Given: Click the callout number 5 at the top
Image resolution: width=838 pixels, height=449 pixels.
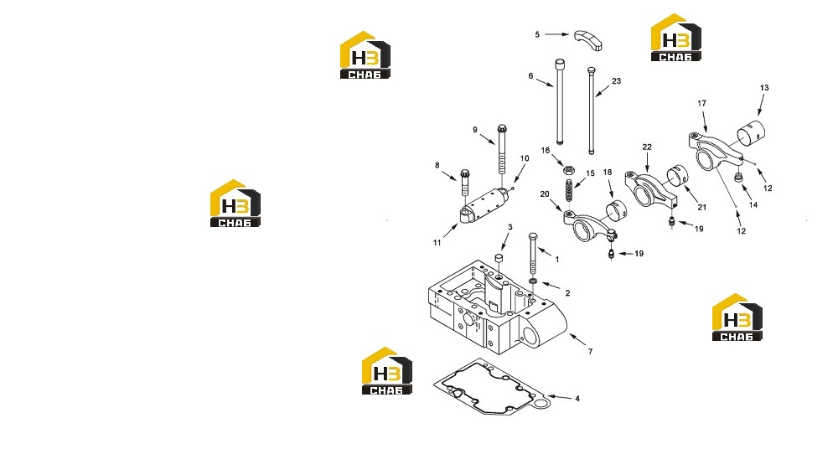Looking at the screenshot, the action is point(537,34).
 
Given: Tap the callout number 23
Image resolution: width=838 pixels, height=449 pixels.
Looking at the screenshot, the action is point(616,81).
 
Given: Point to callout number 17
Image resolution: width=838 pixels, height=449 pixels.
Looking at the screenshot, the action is point(701,104).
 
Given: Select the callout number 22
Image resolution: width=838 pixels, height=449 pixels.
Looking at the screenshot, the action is point(647,147).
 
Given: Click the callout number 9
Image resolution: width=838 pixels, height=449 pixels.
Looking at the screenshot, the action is point(474,130).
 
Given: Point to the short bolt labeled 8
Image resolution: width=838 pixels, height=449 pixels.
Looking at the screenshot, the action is point(464,183).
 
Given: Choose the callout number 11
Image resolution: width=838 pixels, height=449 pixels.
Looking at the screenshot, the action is point(437,243).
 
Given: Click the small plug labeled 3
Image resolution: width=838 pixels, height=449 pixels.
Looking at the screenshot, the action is point(499,259).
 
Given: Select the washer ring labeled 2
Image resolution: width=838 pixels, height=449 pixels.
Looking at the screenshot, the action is point(533,281).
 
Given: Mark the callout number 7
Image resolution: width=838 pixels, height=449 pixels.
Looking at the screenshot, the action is point(590,352).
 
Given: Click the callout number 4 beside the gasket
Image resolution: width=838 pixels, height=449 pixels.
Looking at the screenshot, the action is point(577,399).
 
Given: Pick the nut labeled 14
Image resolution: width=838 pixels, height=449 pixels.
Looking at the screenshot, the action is point(738,178).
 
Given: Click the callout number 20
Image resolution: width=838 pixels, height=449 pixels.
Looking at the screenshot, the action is point(545,194).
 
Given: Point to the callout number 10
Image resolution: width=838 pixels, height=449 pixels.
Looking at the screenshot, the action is point(525,159).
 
